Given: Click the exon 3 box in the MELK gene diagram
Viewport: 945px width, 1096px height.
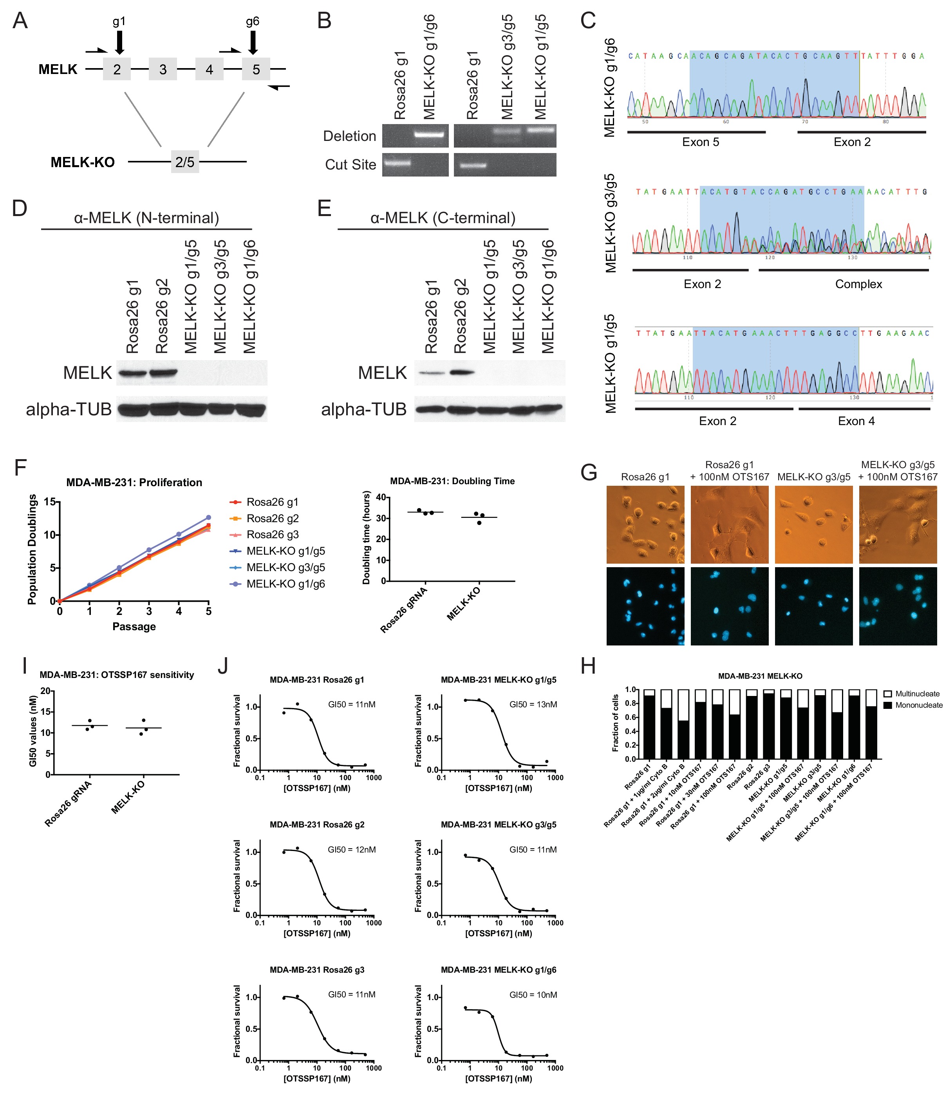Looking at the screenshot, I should pyautogui.click(x=163, y=69).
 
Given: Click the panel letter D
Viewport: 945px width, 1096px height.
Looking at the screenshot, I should pyautogui.click(x=20, y=208).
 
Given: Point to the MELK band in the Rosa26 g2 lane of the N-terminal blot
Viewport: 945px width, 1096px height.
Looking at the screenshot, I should pyautogui.click(x=163, y=373).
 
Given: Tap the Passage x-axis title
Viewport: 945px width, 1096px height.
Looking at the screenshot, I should pyautogui.click(x=134, y=626).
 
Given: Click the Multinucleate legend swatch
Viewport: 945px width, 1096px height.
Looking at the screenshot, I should pyautogui.click(x=888, y=694).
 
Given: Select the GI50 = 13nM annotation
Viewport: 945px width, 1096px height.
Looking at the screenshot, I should pyautogui.click(x=533, y=704).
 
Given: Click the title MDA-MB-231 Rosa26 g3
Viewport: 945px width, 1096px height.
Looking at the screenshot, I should pyautogui.click(x=316, y=970).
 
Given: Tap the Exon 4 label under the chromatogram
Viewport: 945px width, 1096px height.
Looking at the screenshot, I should pyautogui.click(x=856, y=421).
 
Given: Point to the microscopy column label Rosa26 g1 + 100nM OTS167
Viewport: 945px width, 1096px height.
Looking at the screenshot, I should pyautogui.click(x=729, y=471).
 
